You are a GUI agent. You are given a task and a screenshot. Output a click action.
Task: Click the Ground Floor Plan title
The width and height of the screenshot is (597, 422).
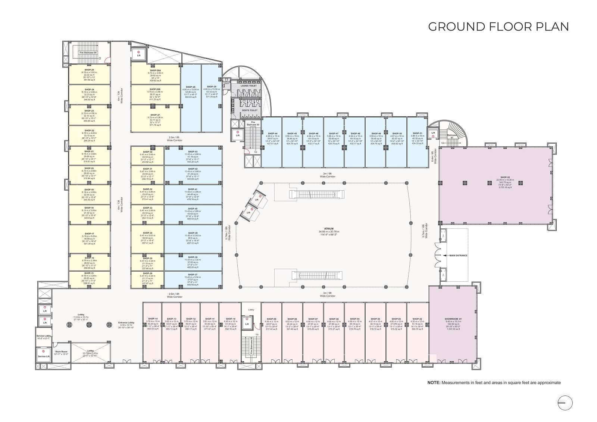(x=498, y=27)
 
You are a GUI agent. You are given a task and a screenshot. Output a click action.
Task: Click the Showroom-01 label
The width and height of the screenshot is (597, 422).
(x=453, y=319)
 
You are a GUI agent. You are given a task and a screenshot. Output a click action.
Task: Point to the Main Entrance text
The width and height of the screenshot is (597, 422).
(x=458, y=256)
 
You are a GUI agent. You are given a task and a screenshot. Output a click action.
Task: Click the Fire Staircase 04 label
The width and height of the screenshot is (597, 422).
(x=88, y=53)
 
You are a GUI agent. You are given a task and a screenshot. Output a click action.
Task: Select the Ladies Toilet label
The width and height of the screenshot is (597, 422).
(x=249, y=86)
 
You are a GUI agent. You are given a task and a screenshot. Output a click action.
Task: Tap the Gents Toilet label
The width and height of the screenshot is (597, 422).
(x=249, y=110)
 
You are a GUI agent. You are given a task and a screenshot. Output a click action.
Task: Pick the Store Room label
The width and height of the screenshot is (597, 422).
(x=61, y=351)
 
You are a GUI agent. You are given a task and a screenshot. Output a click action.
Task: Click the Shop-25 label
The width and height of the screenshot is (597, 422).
(x=89, y=70)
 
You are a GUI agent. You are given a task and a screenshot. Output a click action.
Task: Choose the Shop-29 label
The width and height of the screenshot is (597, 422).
(x=211, y=87)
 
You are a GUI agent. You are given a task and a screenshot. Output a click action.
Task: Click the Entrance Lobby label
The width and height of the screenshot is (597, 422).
(x=126, y=322)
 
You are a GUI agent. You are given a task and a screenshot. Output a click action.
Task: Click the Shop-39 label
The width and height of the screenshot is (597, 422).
(x=193, y=233)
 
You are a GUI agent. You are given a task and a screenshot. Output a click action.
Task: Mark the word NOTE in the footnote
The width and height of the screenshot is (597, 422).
(x=434, y=382)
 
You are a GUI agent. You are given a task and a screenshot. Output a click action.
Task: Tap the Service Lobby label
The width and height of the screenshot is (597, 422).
(x=44, y=336)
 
